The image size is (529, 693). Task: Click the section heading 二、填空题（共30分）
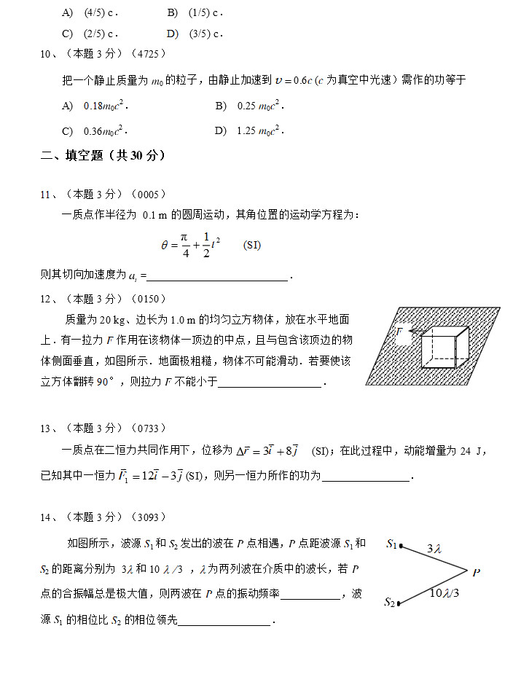pos(103,155)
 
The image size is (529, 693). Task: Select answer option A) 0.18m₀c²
pos(95,106)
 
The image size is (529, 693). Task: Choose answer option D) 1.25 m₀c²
pos(248,131)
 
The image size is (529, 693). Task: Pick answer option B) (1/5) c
pos(195,13)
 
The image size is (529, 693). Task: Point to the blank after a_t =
pos(219,276)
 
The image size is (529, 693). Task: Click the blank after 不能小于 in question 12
pos(270,383)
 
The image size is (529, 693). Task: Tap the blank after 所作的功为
pos(366,477)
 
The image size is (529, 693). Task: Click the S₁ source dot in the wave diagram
pos(400,546)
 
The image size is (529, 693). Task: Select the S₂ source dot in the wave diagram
pos(400,603)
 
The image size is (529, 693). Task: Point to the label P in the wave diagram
pos(476,573)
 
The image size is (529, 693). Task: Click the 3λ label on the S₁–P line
pos(434,548)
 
